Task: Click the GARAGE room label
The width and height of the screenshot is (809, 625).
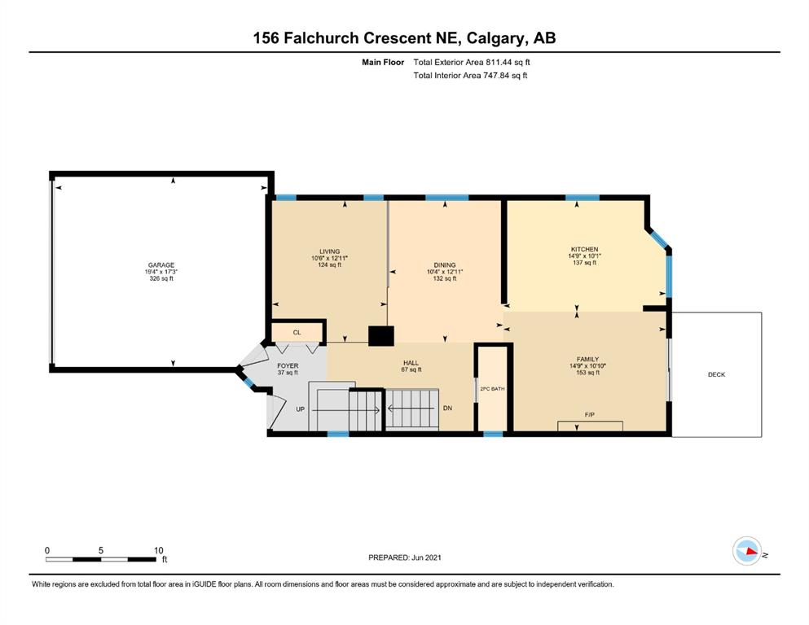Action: pos(161,265)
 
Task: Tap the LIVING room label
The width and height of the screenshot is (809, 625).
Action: pos(330,252)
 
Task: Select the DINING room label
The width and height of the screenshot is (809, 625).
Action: pos(445,265)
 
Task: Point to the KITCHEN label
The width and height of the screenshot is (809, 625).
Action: pos(585,249)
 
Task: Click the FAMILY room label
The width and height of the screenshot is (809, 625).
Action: pos(587,360)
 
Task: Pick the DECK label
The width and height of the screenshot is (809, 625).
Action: pos(717,374)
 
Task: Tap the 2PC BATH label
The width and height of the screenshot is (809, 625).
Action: pos(492,389)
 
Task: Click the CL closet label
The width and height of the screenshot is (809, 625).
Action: pos(297,332)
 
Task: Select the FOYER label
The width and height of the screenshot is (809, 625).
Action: pos(288,366)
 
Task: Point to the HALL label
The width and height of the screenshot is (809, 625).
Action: pos(411,363)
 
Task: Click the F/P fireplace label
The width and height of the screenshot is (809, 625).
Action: pos(590,415)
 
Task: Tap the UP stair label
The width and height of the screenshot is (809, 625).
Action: pos(301,409)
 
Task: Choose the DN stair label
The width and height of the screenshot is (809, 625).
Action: pos(447,408)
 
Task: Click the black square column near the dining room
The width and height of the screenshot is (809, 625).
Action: pos(381,336)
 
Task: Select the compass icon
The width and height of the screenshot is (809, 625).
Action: pos(747,551)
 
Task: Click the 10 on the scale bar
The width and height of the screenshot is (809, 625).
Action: pos(158,550)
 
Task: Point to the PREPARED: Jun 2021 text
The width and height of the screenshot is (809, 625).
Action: pos(405,557)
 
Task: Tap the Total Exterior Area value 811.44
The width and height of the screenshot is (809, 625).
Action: pos(498,63)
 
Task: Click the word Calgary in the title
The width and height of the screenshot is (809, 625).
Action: pos(493,38)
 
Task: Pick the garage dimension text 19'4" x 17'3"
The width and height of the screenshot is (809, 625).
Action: pos(161,272)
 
